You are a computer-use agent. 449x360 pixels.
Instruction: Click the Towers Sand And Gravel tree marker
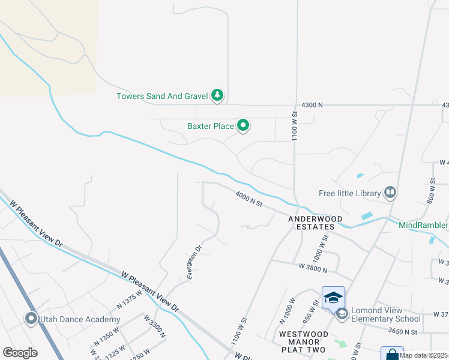coord(217,95)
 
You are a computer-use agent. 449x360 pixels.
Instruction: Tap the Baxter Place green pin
coord(243,126)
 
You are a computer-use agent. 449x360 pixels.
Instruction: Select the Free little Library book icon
coord(390,193)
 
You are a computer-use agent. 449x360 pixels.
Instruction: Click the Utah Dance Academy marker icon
coord(31,319)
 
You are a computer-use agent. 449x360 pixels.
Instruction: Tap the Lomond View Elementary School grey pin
coord(342,313)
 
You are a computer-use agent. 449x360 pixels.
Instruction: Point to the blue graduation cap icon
coord(334,297)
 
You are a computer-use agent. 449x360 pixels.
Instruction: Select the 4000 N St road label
coord(249,199)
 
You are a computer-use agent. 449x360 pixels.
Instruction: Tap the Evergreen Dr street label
coord(194,262)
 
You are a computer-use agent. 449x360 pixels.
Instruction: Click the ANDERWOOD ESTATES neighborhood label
coord(311,223)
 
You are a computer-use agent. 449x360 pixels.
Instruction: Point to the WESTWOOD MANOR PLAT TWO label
coord(303,341)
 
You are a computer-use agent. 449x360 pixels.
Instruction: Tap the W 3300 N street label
coord(155,326)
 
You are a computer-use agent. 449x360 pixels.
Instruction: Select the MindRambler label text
coord(424,225)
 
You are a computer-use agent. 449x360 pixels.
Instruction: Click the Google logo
coord(20,353)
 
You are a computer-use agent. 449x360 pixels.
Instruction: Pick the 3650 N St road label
coord(402,331)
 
